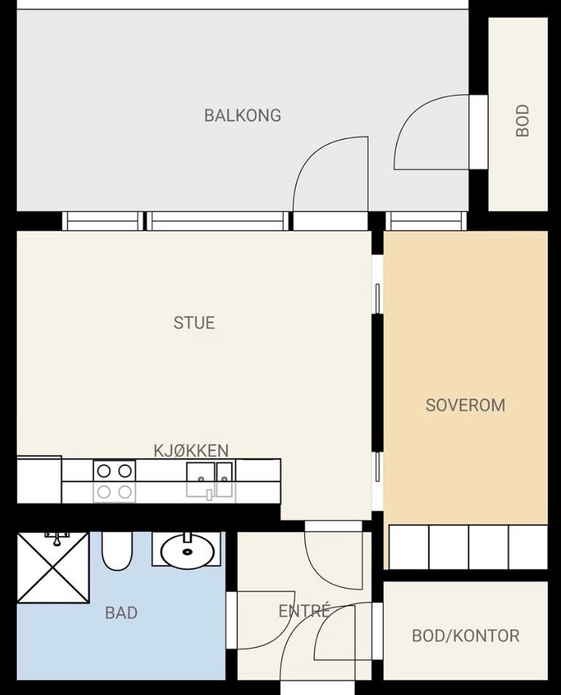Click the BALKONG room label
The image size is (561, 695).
pyautogui.click(x=243, y=115)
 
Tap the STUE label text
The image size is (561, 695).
pyautogui.click(x=194, y=322)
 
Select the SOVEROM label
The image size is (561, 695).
pyautogui.click(x=465, y=405)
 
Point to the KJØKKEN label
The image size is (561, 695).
pyautogui.click(x=191, y=451)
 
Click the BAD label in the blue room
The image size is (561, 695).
pyautogui.click(x=121, y=613)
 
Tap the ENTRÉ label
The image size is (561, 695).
pyautogui.click(x=304, y=611)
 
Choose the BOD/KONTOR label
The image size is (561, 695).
pyautogui.click(x=465, y=636)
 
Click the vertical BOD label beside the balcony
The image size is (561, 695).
pyautogui.click(x=523, y=120)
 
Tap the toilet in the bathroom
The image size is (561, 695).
pyautogui.click(x=117, y=551)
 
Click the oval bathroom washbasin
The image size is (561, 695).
pyautogui.click(x=187, y=551)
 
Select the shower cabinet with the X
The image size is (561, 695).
pyautogui.click(x=53, y=567)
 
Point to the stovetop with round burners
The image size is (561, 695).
pyautogui.click(x=115, y=481)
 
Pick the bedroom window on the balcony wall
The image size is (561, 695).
pyautogui.click(x=426, y=221)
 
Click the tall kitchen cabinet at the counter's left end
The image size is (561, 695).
pyautogui.click(x=39, y=480)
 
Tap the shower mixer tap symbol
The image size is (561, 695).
pyautogui.click(x=57, y=538)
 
